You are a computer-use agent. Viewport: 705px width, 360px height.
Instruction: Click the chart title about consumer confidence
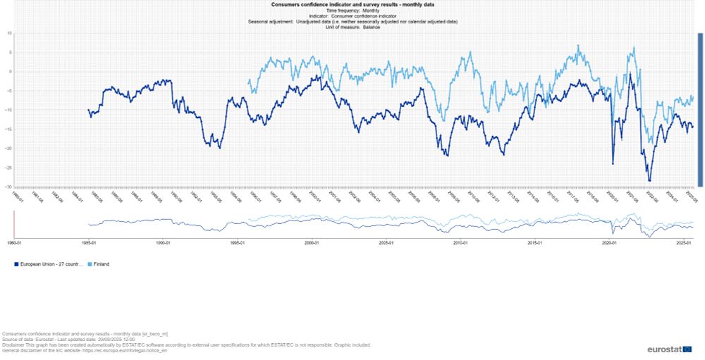click(x=352, y=4)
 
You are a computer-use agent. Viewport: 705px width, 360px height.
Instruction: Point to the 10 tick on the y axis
click(x=11, y=32)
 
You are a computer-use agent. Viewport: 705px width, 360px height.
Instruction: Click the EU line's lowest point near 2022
click(x=649, y=180)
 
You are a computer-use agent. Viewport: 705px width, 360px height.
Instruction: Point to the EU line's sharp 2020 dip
click(x=613, y=163)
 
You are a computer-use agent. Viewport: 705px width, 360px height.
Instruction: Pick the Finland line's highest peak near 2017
click(x=578, y=46)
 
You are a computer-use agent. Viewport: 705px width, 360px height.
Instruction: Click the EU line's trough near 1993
click(x=220, y=147)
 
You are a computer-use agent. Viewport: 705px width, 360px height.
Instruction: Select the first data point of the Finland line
click(x=249, y=80)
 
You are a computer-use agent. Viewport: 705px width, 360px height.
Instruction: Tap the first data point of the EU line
click(x=88, y=110)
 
